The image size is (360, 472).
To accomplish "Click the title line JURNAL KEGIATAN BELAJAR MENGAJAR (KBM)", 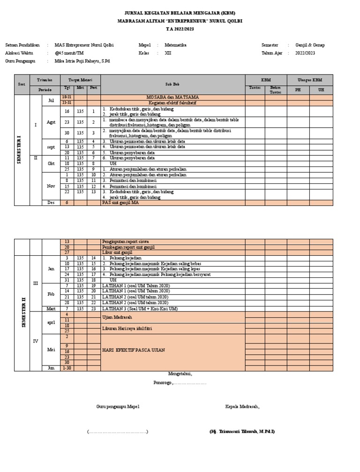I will (x=180, y=13).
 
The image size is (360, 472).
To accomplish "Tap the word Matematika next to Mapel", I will (x=175, y=45).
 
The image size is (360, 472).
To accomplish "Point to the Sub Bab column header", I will (x=172, y=84).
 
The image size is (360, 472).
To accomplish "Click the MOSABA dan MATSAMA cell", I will (x=172, y=97).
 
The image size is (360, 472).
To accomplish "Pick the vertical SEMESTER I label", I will (x=19, y=150).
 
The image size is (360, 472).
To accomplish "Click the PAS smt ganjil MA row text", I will (x=120, y=203).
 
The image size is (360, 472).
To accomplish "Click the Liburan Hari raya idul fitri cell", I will (x=124, y=328).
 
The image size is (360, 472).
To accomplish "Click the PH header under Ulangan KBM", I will (x=298, y=90).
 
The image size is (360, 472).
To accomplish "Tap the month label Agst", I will (x=51, y=122).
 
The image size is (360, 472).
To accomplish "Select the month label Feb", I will (x=51, y=294).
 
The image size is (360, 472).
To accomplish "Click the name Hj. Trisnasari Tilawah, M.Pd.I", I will (x=242, y=431).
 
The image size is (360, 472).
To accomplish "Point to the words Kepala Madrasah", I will (x=242, y=406).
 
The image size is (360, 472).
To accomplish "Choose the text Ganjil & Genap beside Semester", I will (x=310, y=45).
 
